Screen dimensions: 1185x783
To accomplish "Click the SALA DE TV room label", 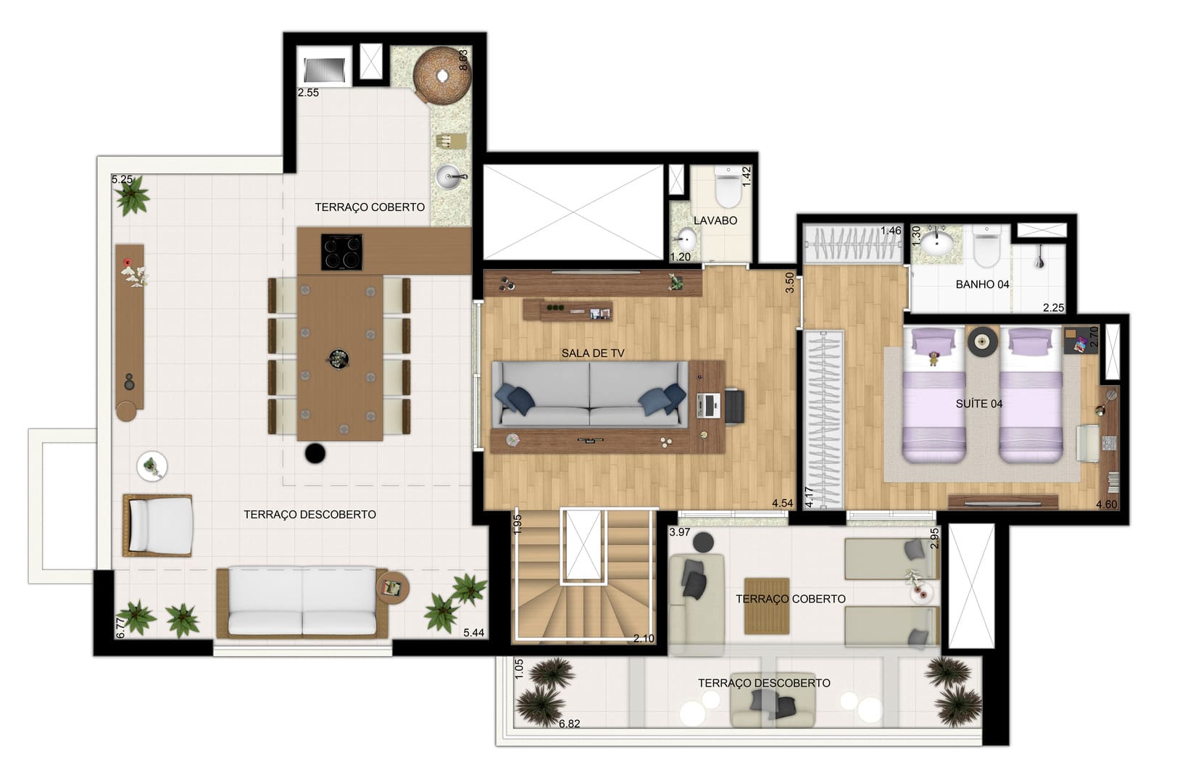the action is [x=593, y=353].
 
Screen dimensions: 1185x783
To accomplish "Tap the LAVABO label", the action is [x=715, y=220].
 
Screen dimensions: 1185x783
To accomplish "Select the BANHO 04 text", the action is [x=982, y=284].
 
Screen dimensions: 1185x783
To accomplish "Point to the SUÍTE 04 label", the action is [x=978, y=404].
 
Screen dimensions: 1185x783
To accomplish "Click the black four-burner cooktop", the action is [x=342, y=252].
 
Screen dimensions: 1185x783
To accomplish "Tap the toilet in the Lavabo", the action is [x=728, y=187].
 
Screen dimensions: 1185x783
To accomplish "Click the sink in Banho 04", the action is [x=937, y=244].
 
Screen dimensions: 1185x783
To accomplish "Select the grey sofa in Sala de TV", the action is [x=590, y=394].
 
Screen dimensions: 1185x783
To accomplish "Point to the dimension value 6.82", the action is [x=569, y=724].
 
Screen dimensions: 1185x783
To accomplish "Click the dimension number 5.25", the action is [x=122, y=179].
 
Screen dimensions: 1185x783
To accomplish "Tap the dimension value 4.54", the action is [x=783, y=503].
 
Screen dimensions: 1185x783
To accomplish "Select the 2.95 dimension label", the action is [x=934, y=538].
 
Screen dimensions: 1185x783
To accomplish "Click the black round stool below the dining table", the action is [x=315, y=453].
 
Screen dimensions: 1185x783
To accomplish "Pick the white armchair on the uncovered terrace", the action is [x=158, y=526].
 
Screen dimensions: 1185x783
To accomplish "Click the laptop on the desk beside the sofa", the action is [x=709, y=406].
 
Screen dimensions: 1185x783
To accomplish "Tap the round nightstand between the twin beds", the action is [x=982, y=341].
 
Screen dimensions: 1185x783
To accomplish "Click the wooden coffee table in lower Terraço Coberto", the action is [x=767, y=606].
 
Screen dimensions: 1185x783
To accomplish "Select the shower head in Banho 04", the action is [x=1039, y=260].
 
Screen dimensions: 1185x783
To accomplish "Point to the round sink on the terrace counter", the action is [x=449, y=176].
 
